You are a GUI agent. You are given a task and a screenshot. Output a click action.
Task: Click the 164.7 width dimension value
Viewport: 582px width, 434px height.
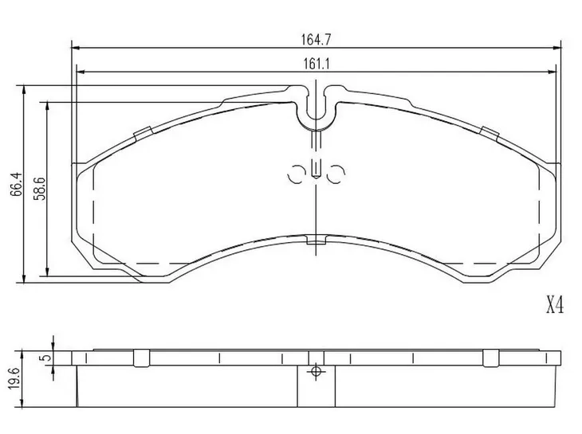click(x=316, y=39)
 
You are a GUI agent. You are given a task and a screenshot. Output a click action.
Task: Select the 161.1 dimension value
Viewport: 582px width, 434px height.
click(x=317, y=65)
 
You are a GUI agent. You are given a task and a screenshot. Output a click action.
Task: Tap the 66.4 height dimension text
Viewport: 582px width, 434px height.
click(x=16, y=184)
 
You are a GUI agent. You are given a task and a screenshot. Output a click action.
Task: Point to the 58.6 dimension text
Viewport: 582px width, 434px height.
click(x=39, y=188)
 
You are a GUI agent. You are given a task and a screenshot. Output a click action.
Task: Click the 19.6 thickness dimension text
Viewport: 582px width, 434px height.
click(x=14, y=378)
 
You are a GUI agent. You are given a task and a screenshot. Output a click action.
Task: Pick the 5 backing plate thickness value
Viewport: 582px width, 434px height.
click(x=46, y=358)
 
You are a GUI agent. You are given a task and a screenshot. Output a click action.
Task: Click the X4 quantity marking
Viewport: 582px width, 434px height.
click(x=555, y=306)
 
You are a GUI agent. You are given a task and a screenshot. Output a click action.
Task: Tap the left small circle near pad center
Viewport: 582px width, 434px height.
click(x=297, y=174)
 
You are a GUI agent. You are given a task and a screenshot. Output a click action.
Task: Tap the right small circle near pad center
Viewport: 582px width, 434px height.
click(x=336, y=174)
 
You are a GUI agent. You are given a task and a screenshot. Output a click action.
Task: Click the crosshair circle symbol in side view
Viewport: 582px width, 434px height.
click(x=316, y=371)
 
